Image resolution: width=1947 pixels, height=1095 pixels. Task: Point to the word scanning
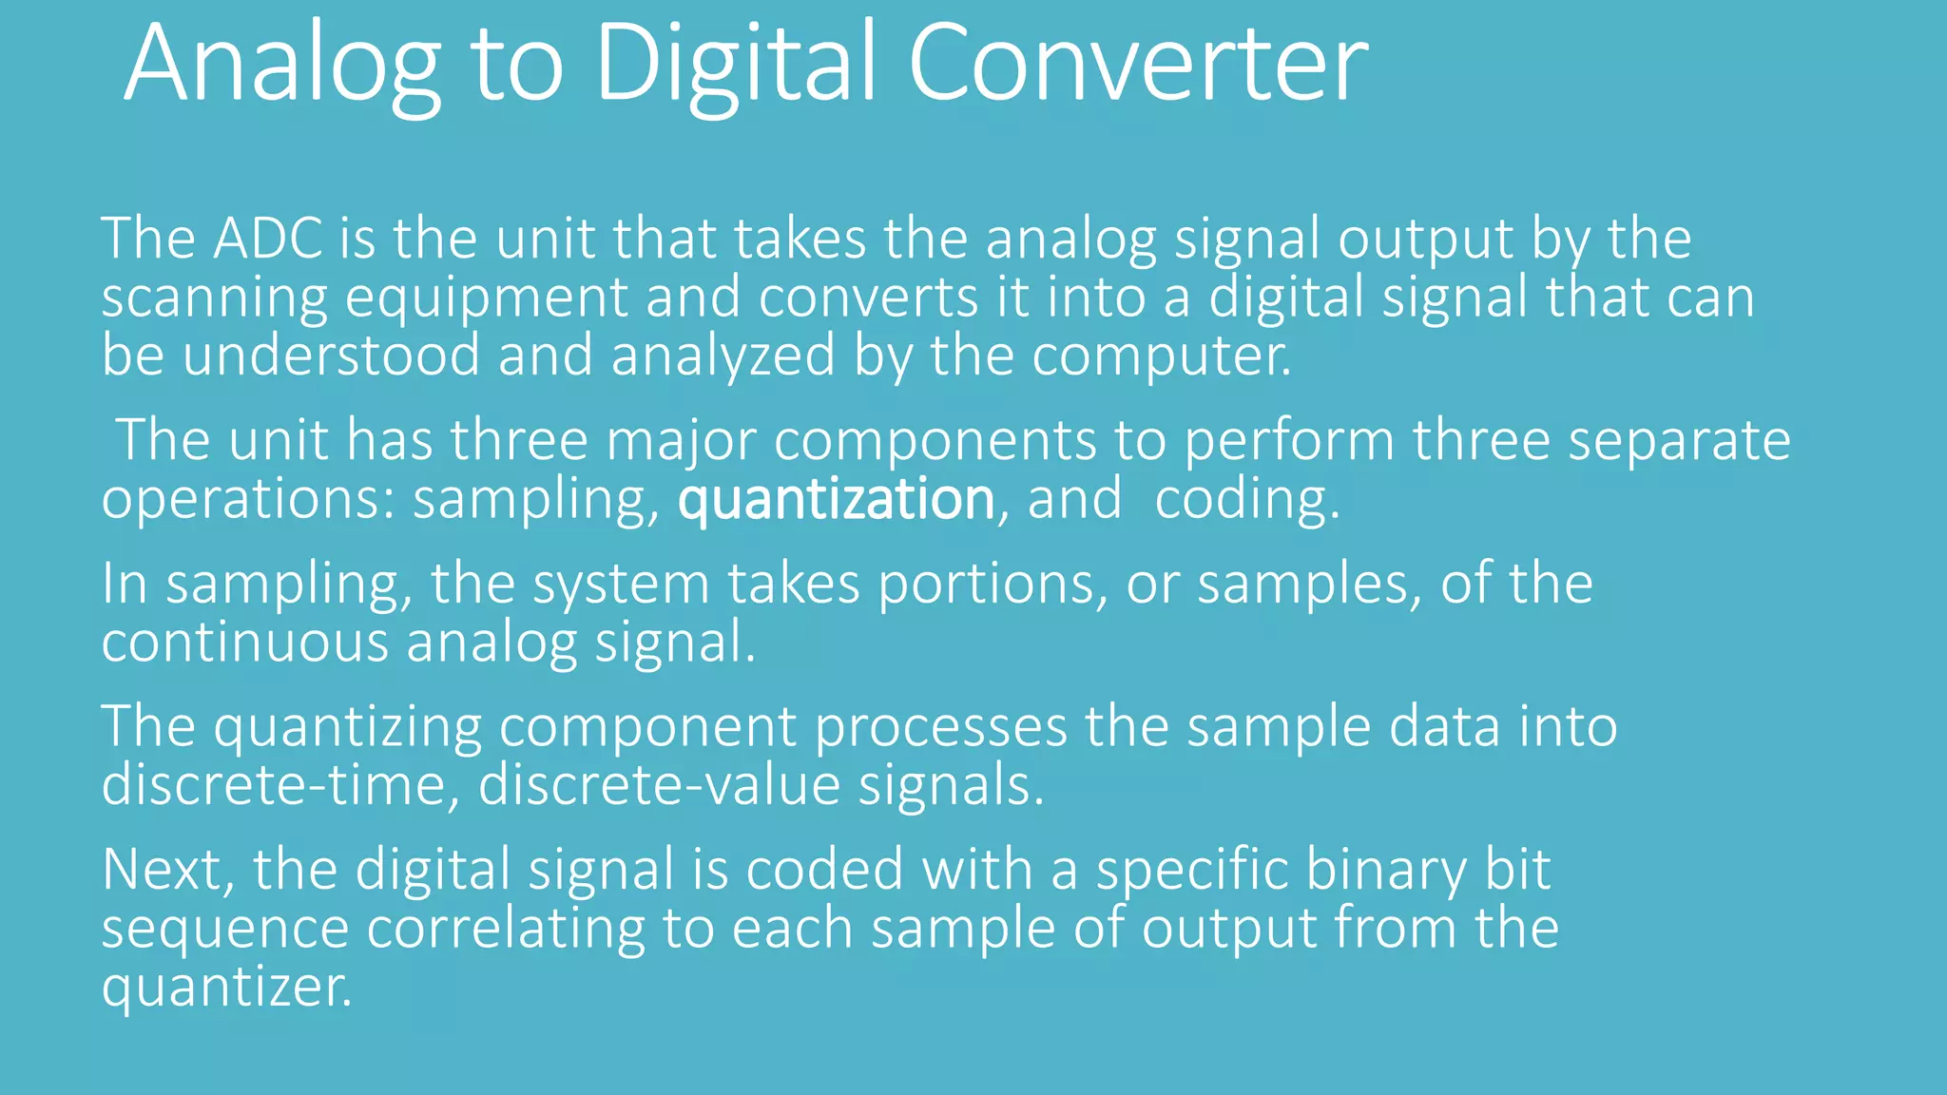tap(214, 298)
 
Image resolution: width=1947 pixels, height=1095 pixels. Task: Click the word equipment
tap(486, 298)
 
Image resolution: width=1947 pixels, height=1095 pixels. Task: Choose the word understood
tap(331, 355)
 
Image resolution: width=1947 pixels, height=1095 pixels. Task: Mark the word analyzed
tap(723, 355)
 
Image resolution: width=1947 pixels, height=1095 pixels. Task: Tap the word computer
tap(1161, 355)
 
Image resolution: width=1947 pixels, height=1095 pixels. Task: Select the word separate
tap(1679, 440)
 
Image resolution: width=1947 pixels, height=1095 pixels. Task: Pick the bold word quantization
tap(836, 499)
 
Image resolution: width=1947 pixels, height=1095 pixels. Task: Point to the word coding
tap(1246, 499)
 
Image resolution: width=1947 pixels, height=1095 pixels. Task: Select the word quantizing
tap(348, 727)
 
